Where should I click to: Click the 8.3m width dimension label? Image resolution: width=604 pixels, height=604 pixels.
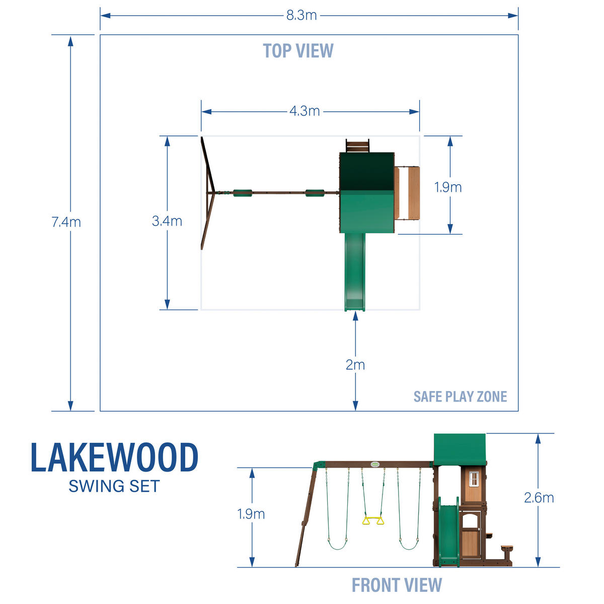point(301,15)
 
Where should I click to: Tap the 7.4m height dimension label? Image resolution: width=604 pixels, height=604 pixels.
point(66,222)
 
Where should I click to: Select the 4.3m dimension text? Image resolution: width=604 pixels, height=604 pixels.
point(305,111)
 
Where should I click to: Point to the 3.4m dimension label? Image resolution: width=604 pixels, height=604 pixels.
point(167,221)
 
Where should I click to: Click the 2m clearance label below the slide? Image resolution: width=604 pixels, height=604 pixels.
point(355,365)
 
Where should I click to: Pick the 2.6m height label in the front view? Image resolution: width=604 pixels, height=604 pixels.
point(539,498)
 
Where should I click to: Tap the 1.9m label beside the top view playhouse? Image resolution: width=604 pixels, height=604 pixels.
point(448,187)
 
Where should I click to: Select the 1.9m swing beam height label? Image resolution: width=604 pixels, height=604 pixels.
point(251,514)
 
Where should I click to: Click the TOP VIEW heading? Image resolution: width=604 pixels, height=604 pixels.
point(298,51)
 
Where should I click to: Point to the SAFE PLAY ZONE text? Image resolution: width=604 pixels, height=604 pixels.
point(460,397)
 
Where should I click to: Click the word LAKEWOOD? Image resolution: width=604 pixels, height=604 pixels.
point(115,458)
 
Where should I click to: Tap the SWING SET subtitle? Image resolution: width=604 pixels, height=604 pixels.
point(114,486)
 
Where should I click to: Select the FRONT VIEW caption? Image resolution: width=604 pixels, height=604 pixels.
point(397,585)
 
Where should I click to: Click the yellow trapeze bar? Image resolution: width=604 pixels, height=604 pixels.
point(373,520)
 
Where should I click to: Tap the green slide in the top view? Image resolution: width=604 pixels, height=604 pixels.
point(355,272)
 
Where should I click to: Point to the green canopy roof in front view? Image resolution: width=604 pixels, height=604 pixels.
point(460,449)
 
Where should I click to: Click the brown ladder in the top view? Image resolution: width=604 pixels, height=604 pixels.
point(357,145)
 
